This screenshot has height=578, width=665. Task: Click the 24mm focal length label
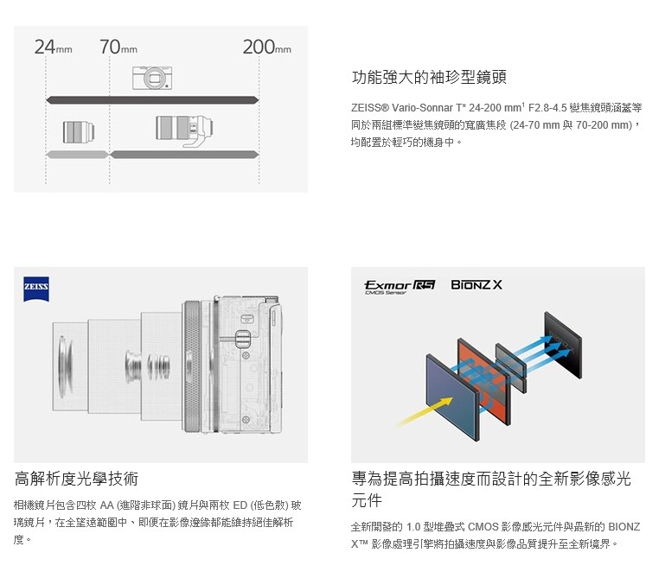click(53, 47)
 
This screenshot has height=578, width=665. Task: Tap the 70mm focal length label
click(118, 47)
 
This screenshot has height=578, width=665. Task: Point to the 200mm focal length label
click(266, 47)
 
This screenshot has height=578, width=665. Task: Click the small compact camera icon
click(152, 78)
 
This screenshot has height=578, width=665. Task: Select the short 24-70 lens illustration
click(79, 132)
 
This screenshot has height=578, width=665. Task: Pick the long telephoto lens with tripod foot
click(184, 130)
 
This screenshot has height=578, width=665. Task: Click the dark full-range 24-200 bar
click(152, 100)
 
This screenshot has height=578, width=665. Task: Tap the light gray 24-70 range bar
click(78, 155)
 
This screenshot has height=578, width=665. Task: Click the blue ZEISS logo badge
click(36, 289)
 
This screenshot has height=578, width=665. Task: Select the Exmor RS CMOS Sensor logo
click(400, 287)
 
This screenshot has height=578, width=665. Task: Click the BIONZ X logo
click(476, 285)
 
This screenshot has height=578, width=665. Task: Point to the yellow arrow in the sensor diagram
click(425, 411)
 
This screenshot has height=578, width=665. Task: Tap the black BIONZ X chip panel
click(563, 345)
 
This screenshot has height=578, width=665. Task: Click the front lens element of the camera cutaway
click(66, 367)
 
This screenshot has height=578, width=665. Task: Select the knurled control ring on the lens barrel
click(192, 366)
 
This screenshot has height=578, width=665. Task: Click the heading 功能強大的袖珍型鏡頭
click(429, 77)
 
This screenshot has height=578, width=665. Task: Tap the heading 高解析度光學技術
click(76, 479)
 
